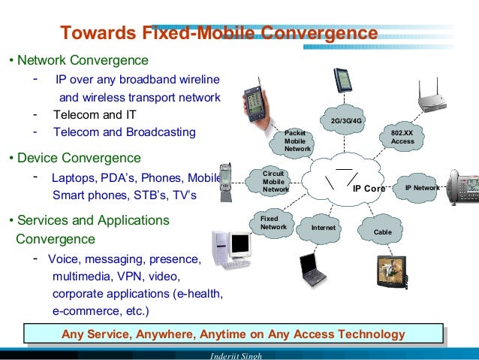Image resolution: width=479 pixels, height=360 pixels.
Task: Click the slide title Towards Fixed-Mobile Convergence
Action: [218, 34]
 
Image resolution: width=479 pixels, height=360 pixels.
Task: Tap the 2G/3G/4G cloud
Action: [346, 121]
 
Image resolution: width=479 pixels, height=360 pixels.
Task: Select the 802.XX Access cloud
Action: [402, 137]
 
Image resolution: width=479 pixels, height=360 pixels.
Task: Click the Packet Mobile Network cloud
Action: [297, 141]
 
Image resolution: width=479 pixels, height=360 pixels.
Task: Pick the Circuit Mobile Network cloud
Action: [274, 182]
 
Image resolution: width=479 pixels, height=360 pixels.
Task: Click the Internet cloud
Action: [324, 228]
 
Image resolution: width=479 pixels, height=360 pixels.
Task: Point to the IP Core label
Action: [368, 189]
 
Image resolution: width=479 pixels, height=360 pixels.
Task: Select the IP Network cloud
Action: [421, 188]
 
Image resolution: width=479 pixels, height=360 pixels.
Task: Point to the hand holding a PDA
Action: [254, 113]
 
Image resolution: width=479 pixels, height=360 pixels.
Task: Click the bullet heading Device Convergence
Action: [77, 158]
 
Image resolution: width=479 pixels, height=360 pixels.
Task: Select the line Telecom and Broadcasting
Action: [124, 132]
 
